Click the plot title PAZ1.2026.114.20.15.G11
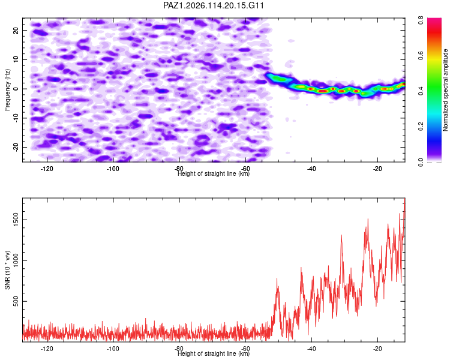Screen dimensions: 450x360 214,5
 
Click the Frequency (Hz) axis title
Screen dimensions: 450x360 7,90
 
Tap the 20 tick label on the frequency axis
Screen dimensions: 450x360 16,30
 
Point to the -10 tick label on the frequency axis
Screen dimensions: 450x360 16,118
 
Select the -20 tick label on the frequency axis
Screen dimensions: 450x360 16,147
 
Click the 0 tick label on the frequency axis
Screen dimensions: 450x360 16,89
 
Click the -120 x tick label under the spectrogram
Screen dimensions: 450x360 47,169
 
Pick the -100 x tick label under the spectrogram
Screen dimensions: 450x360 113,169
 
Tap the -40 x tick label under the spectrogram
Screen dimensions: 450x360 311,169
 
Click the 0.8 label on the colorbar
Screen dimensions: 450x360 421,20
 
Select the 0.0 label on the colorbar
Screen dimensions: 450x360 421,162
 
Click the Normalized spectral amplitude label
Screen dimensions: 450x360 445,90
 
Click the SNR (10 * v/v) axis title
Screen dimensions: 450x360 7,270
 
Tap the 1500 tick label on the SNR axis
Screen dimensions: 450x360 16,220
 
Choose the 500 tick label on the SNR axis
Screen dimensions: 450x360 16,301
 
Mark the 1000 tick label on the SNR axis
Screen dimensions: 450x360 16,260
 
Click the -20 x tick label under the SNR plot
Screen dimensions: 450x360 377,349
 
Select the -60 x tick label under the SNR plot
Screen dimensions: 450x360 245,349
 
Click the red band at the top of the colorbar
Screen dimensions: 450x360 434,32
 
